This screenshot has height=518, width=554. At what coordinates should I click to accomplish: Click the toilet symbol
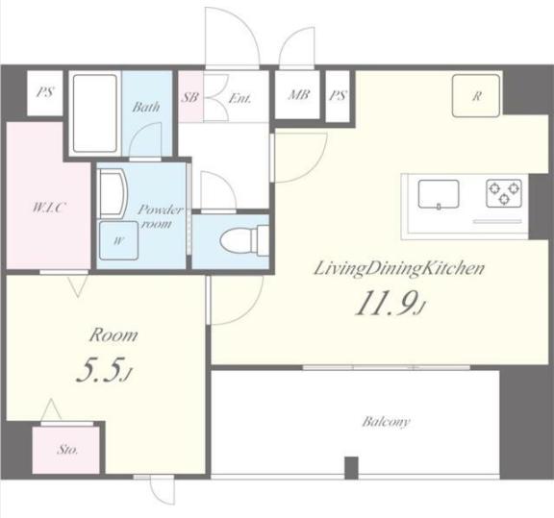(x=244, y=241)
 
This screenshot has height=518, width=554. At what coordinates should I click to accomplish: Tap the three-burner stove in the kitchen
(x=504, y=193)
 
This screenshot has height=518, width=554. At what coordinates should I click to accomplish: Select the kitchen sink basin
(x=439, y=194)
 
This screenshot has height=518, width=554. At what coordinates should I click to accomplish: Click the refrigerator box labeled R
(x=476, y=95)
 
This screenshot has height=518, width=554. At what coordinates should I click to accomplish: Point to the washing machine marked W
(x=118, y=240)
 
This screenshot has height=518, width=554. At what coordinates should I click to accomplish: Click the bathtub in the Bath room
(x=94, y=113)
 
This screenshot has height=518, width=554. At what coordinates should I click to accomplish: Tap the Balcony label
(x=386, y=422)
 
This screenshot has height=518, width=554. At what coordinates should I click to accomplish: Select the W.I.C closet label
(x=49, y=208)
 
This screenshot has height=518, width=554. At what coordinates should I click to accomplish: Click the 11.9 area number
(x=390, y=303)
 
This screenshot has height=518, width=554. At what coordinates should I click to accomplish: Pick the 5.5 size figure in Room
(x=103, y=369)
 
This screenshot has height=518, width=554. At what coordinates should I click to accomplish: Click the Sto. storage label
(x=67, y=450)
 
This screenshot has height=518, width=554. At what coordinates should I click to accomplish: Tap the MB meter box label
(x=299, y=94)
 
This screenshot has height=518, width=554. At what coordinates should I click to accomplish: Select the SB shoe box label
(x=190, y=97)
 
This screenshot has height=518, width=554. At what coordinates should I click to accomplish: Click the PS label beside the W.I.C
(x=45, y=92)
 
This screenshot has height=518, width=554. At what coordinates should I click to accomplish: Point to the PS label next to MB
(x=338, y=95)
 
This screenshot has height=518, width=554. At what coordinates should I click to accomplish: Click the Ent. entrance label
(x=239, y=98)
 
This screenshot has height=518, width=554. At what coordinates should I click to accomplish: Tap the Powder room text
(x=160, y=216)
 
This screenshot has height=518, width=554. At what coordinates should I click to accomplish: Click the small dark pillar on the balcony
(x=351, y=468)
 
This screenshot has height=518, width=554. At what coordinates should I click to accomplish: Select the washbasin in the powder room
(x=113, y=193)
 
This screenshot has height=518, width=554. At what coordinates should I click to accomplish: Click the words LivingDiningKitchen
(x=399, y=268)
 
